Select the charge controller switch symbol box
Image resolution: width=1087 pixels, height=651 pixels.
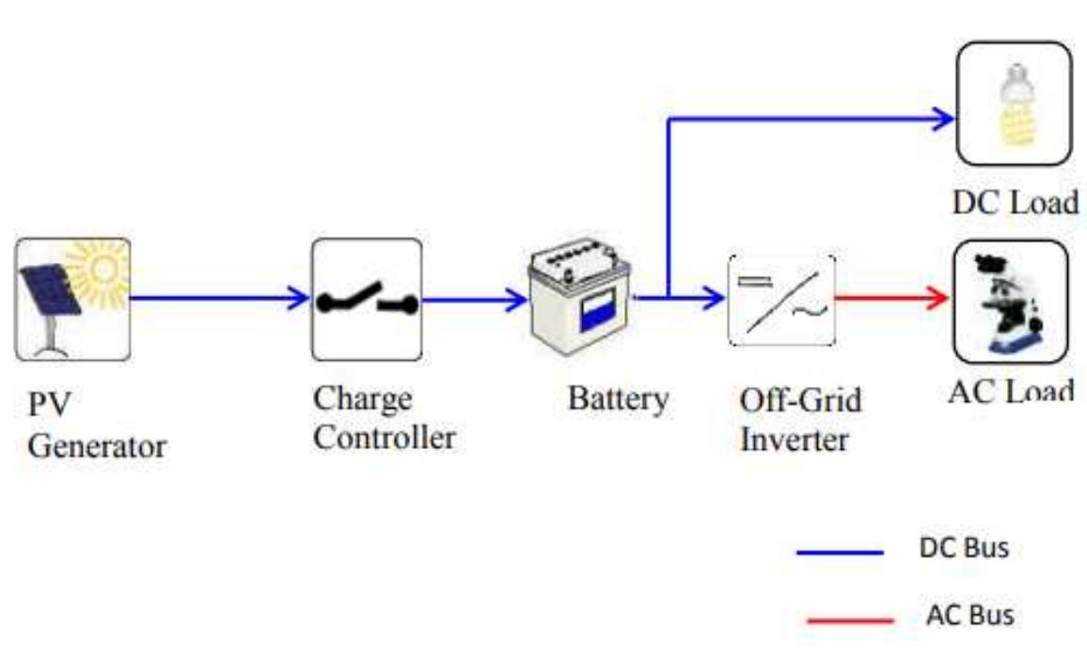pyautogui.click(x=367, y=300)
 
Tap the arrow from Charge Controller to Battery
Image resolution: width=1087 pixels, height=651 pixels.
pyautogui.click(x=475, y=301)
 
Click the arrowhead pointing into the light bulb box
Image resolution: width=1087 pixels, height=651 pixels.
pyautogui.click(x=942, y=118)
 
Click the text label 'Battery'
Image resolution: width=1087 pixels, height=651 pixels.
pyautogui.click(x=618, y=398)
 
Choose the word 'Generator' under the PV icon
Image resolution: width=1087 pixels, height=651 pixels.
pyautogui.click(x=97, y=445)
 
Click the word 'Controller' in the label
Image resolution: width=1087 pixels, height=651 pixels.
pyautogui.click(x=384, y=438)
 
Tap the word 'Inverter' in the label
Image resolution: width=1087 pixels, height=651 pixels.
pyautogui.click(x=795, y=440)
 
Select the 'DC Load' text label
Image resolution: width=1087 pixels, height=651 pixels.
pyautogui.click(x=1014, y=201)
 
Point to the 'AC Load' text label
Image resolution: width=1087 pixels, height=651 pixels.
pyautogui.click(x=1011, y=391)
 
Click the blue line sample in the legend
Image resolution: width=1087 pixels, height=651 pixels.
pyautogui.click(x=840, y=552)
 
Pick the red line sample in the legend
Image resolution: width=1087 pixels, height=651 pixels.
pyautogui.click(x=850, y=620)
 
